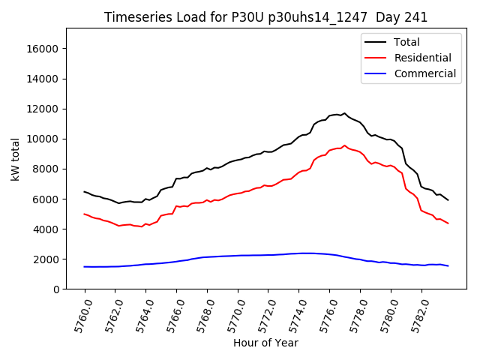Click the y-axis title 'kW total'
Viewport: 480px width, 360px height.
tap(15, 159)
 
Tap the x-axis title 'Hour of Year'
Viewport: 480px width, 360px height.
tap(265, 343)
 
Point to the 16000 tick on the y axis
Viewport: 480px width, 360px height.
tap(43, 49)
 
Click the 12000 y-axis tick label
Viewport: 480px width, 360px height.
tap(43, 109)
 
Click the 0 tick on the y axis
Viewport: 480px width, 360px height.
tap(56, 289)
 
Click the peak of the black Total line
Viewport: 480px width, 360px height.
tap(345, 113)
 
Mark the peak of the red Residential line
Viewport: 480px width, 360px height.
tap(345, 145)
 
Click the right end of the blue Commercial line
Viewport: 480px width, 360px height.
tap(448, 266)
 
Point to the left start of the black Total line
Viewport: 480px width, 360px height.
tap(84, 191)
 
